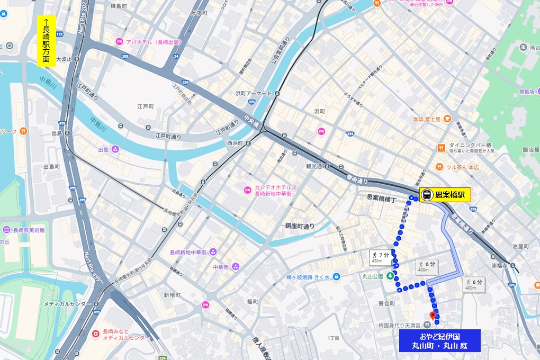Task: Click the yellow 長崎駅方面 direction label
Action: [x=47, y=40]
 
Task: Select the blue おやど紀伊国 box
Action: [x=439, y=341]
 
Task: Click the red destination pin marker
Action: [x=433, y=316]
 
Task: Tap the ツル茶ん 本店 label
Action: [x=461, y=167]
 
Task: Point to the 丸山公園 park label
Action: [x=373, y=275]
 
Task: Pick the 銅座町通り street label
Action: [x=300, y=226]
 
